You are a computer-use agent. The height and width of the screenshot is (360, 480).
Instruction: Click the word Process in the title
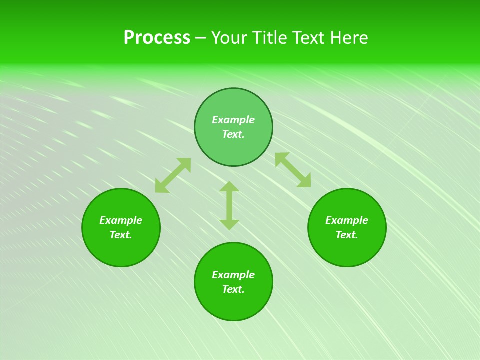pos(157,38)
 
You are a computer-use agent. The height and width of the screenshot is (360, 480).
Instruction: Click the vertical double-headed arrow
pos(229,206)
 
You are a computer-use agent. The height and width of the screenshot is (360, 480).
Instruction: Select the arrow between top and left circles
pos(173,175)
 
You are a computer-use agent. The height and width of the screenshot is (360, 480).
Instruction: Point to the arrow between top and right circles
pos(293,170)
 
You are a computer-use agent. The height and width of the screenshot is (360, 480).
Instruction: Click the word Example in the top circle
pos(233,120)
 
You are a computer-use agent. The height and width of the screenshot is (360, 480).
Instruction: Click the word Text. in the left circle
pos(121,235)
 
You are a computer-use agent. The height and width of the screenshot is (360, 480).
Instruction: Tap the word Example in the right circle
pos(347,220)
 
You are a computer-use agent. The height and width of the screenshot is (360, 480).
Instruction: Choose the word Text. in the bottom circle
pos(233,289)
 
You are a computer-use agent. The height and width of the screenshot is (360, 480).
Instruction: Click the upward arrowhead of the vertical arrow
pos(229,186)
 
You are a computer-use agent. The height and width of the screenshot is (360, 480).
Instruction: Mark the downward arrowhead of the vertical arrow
pos(229,224)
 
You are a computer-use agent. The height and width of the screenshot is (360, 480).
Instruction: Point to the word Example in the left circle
pos(121,220)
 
